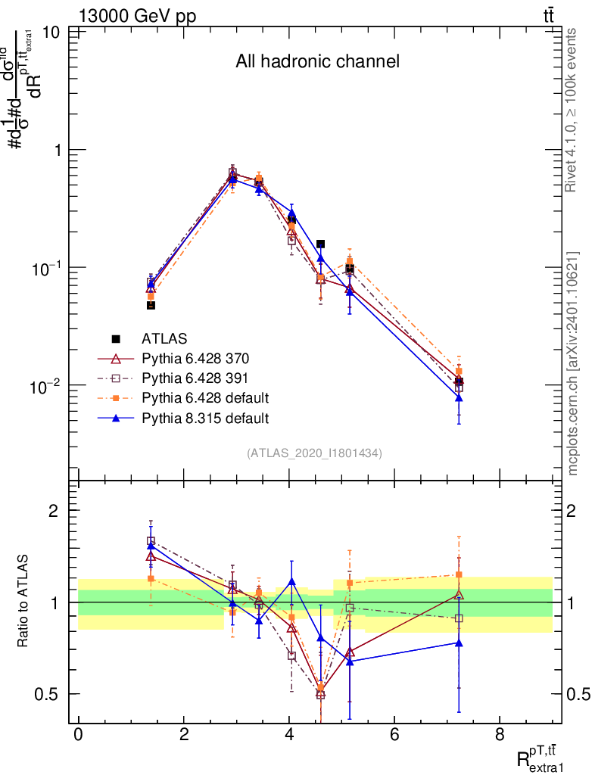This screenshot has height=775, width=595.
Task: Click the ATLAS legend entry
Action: coord(164,339)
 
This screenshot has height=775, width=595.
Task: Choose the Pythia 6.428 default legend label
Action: coord(205,397)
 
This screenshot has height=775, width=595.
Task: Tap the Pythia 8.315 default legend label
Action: coord(205,417)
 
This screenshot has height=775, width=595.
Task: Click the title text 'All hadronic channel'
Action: coord(317,61)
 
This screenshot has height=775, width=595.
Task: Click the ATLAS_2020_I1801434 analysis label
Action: coord(314,453)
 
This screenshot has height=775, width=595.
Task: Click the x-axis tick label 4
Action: coord(289,736)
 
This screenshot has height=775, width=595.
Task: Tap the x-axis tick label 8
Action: coord(500,736)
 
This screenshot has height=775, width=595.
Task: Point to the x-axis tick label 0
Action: coord(79,736)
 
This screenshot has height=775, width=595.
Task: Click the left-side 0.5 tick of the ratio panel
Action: coord(50,694)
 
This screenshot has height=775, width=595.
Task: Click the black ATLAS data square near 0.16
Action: coord(321,244)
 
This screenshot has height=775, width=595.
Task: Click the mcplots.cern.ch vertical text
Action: coord(573,363)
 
